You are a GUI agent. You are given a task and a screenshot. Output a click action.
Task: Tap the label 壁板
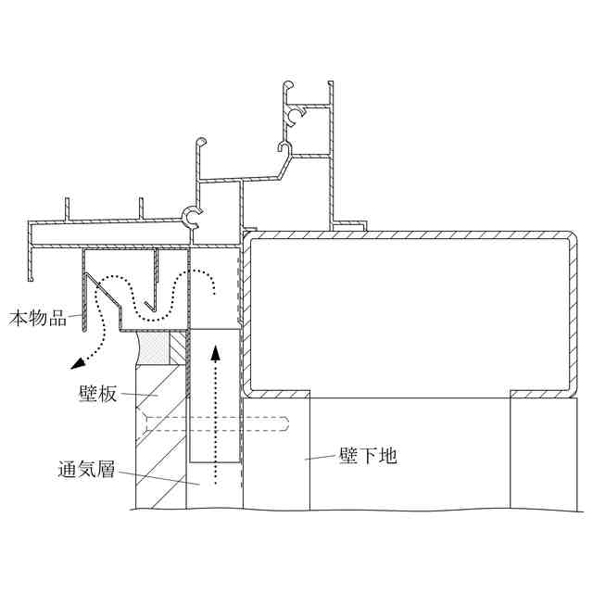pyautogui.click(x=97, y=394)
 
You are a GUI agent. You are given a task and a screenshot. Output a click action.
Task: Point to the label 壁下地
pyautogui.click(x=369, y=456)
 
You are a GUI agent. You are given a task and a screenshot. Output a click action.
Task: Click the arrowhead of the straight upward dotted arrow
pyautogui.click(x=215, y=353)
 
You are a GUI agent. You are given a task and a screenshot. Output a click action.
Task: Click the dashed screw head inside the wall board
pyautogui.click(x=146, y=426)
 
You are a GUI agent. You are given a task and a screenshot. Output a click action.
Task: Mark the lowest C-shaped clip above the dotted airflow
pyautogui.click(x=192, y=217)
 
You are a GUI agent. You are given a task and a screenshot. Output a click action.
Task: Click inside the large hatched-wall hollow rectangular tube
pyautogui.click(x=408, y=310)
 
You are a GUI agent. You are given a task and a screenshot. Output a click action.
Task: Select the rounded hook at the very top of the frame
pyautogui.click(x=288, y=88)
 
